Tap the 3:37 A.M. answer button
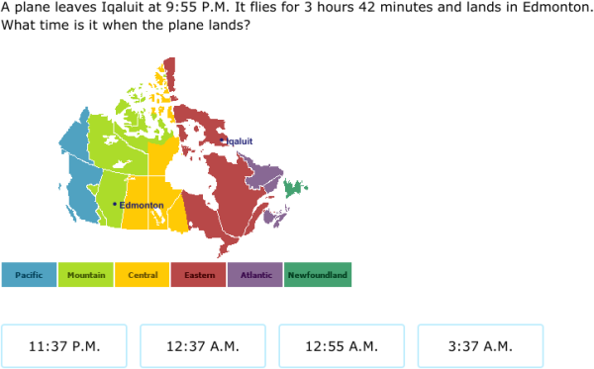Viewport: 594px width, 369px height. [480, 346]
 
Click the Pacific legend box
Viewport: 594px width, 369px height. [29, 274]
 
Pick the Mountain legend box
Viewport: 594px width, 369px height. [85, 274]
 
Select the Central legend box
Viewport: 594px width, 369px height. [142, 274]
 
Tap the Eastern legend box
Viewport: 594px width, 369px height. [198, 274]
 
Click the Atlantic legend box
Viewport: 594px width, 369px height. [255, 274]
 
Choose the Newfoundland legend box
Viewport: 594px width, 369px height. [318, 274]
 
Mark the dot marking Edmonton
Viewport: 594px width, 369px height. [115, 204]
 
